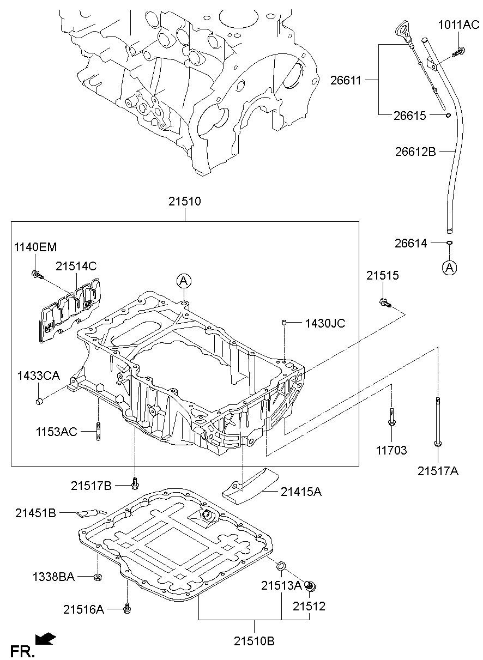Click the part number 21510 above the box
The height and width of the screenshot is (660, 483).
point(184,202)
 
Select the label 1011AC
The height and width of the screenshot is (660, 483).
point(459,25)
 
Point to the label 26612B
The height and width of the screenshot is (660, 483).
point(415,152)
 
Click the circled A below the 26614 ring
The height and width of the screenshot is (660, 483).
point(449,267)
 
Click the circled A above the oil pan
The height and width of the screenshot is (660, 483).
point(184,281)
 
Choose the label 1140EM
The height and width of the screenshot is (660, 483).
point(35,247)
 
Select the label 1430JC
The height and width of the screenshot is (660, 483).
point(325,323)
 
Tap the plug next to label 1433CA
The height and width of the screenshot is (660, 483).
point(39,402)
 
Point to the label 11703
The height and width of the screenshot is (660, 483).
point(391,451)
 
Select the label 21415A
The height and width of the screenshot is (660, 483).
point(301,492)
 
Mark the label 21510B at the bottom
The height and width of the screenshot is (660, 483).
point(255,641)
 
